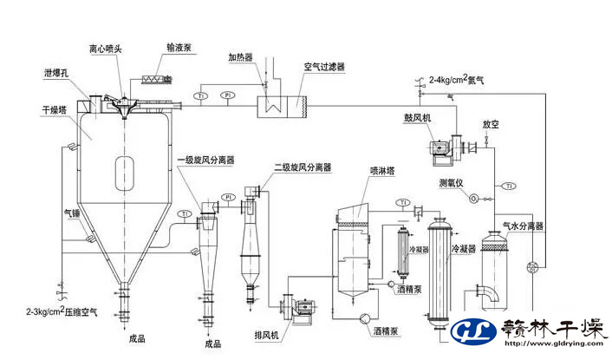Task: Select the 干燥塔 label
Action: tap(54, 111)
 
